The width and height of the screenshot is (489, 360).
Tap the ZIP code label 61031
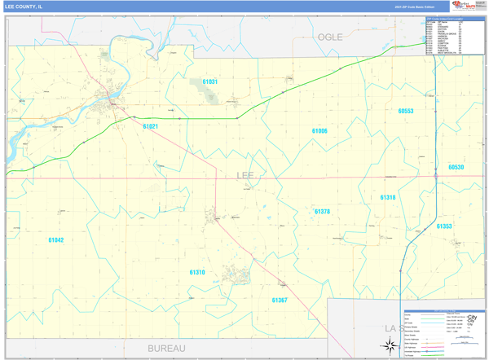(210, 82)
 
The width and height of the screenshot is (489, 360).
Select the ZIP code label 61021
(150, 126)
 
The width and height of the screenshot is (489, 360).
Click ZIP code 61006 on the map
(319, 130)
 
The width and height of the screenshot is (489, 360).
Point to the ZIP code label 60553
(406, 111)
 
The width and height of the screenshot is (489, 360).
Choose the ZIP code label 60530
(456, 167)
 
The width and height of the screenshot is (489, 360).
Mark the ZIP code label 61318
(388, 197)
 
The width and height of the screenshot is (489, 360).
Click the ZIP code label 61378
(323, 211)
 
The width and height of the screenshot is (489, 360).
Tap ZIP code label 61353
(444, 226)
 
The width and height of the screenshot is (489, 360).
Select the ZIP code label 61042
(55, 239)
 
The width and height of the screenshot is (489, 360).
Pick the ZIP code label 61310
(197, 272)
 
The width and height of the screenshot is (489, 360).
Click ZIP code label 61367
(280, 300)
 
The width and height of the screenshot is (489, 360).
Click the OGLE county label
(330, 37)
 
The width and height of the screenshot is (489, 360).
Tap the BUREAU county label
(166, 348)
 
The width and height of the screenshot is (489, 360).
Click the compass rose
(390, 345)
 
